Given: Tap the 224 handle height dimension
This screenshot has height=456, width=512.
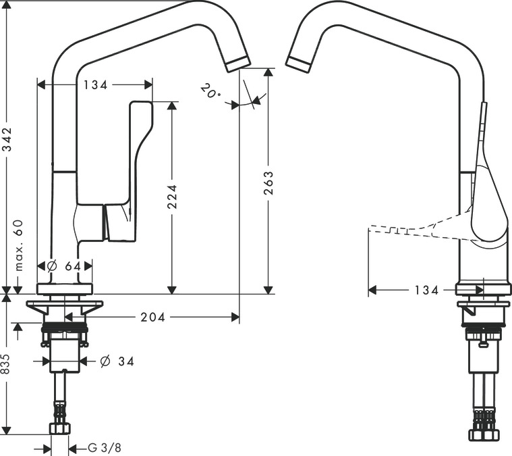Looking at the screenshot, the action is click(172, 197).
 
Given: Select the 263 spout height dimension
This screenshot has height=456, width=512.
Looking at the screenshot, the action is click(268, 183).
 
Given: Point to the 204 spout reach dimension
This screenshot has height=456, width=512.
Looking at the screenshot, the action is click(153, 317).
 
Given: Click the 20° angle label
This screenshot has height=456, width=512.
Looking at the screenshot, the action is click(210, 91).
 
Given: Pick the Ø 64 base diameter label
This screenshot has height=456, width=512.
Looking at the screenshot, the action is click(64, 266).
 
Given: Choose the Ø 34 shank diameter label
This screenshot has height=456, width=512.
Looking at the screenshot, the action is click(117, 361).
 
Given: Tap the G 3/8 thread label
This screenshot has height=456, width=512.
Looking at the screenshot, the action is click(105, 447).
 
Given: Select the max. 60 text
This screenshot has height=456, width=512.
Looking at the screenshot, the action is click(19, 245).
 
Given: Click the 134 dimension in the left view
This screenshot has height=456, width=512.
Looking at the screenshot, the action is click(95, 85).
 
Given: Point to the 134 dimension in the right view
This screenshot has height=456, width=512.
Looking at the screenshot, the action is click(426, 290).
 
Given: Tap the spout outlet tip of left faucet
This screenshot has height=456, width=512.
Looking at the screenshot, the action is click(238, 64).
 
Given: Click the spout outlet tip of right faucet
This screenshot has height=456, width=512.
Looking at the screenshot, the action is click(298, 64).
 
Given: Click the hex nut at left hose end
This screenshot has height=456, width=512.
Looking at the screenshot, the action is click(60, 428).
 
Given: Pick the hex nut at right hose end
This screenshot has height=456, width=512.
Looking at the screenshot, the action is click(483, 434).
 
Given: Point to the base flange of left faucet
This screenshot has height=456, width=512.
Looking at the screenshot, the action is click(65, 289).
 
